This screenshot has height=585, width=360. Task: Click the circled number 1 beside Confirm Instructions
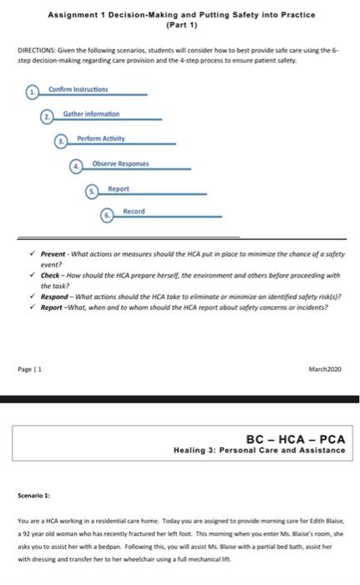pos(33,90)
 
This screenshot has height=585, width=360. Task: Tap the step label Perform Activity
pos(101,138)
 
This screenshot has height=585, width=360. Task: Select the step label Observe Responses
pos(121,163)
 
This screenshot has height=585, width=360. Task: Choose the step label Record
pos(134,211)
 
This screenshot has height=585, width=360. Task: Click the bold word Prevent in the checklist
pos(53,253)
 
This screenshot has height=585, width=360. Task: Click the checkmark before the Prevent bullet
pos(32,253)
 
